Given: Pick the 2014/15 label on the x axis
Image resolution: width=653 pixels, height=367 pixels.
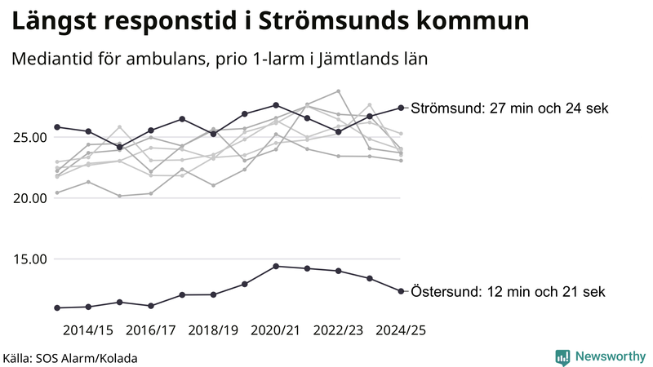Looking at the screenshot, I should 88,330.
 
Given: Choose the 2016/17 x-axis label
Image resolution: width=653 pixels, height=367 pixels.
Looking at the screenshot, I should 151,330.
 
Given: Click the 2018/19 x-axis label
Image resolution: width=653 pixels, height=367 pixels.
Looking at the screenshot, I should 213,330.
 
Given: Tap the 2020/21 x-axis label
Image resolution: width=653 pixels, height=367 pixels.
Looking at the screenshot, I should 276,330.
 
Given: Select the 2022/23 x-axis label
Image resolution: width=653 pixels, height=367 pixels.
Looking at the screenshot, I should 338,330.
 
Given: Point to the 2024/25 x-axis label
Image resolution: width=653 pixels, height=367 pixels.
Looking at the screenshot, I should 400,330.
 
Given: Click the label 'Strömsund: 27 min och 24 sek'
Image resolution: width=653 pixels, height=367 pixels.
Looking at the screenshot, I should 509,108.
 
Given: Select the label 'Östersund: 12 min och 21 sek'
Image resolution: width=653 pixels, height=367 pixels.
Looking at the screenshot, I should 508,291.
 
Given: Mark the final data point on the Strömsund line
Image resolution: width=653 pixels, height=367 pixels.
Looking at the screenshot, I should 401,108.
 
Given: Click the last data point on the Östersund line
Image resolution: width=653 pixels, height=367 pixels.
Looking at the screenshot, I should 401,291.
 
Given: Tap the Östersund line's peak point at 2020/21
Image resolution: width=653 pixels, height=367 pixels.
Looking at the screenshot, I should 276,266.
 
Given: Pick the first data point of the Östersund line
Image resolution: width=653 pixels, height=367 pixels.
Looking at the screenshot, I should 57,307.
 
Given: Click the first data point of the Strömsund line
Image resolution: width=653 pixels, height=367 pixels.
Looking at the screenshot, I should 57,127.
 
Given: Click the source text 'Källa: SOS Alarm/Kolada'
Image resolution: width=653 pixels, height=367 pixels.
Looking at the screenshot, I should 70,358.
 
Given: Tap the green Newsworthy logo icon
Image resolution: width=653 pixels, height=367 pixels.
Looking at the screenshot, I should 562,356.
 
